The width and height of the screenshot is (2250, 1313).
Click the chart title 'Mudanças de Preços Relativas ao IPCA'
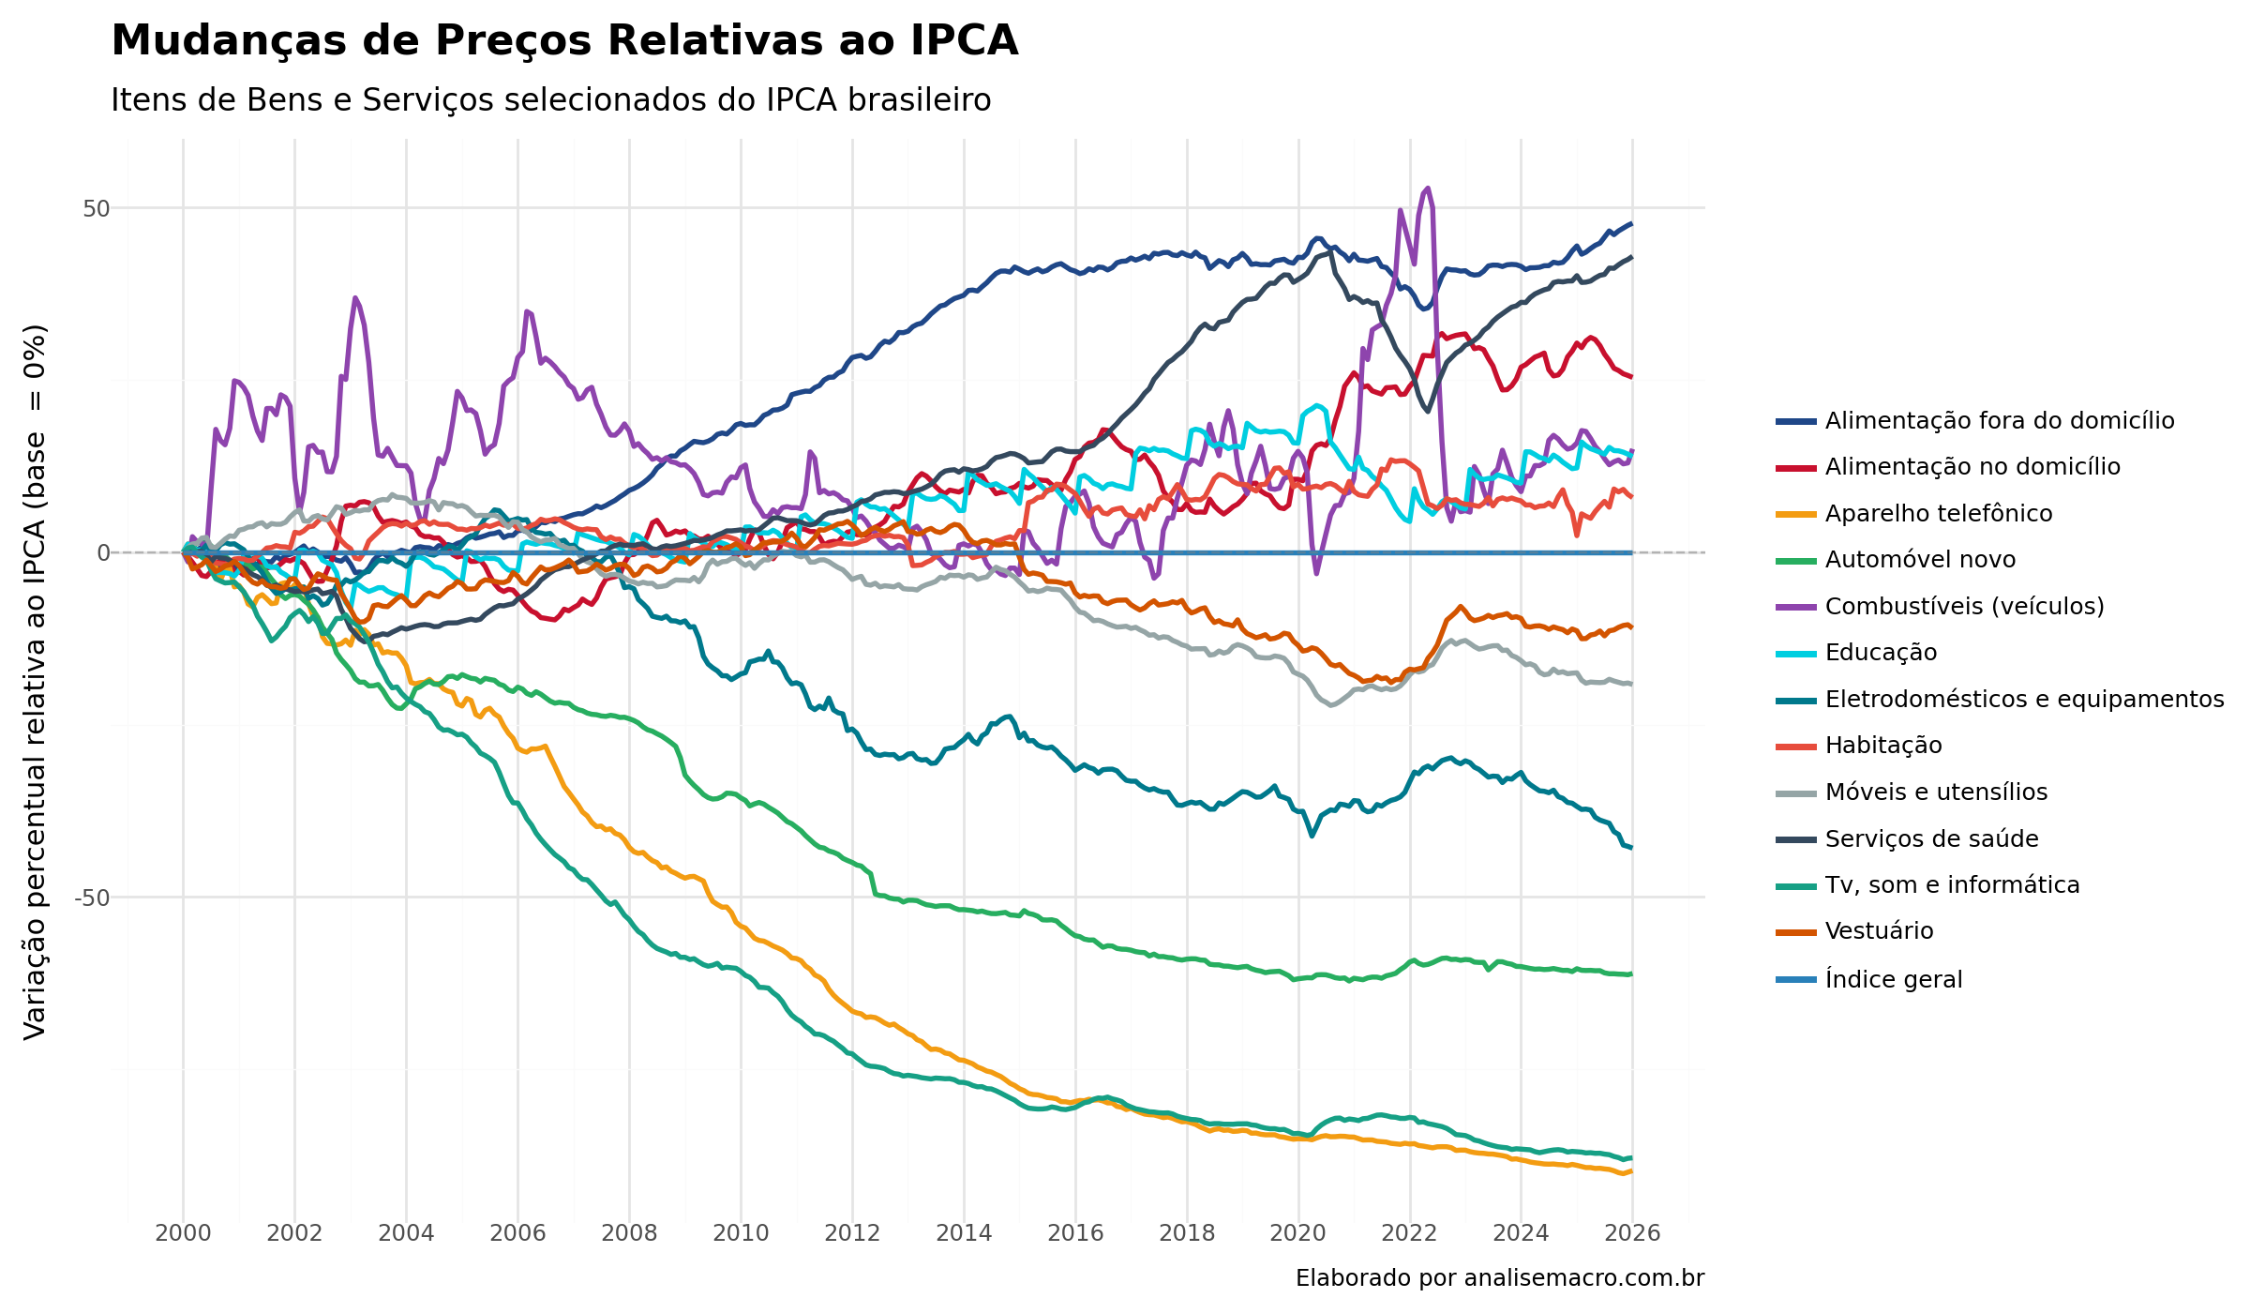coord(564,41)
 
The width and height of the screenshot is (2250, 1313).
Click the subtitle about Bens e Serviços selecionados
coord(551,99)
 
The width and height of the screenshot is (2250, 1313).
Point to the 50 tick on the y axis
coord(96,208)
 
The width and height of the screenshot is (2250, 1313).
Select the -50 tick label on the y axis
coord(92,898)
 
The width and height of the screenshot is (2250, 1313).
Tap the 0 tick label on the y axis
coord(103,553)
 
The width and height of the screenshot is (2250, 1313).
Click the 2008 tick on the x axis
coord(629,1232)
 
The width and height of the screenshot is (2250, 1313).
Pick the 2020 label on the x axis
coord(1298,1232)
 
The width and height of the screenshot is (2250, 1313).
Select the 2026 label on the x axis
coord(1632,1232)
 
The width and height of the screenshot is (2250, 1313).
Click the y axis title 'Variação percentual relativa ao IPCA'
coord(35,682)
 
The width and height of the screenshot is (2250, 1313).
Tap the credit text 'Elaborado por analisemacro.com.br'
coord(1499,1278)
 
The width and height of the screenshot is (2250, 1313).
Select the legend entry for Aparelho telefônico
coord(1938,514)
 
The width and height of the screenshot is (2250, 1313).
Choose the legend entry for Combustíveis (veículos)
coord(1964,607)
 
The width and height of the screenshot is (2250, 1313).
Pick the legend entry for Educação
coord(1880,653)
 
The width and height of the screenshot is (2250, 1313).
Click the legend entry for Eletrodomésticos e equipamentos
coord(2023,700)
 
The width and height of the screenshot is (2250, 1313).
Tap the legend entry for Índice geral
coord(1893,980)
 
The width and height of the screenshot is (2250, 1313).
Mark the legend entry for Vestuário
coord(1879,931)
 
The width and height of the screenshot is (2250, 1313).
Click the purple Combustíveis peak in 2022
coord(1427,189)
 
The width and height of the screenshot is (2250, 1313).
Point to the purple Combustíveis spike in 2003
coord(355,298)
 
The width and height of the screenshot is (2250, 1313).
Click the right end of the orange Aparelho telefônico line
coord(1630,1171)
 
